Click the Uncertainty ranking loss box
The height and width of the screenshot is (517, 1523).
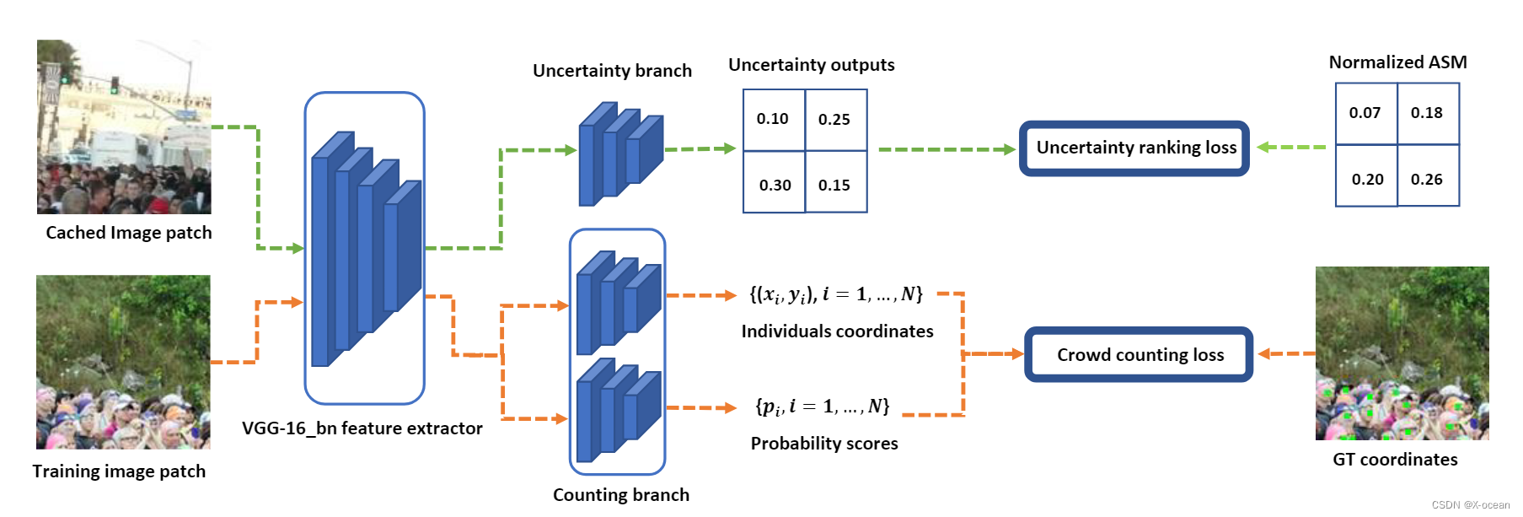coord(1134,148)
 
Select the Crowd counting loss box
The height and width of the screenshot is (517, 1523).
coord(1139,355)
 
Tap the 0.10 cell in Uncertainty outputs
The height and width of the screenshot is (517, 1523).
coord(773,120)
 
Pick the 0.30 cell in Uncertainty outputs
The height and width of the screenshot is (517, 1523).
coord(775,183)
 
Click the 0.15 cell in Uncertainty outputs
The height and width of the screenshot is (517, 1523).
coord(835,183)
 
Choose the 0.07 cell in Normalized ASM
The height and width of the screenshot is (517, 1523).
coord(1365,113)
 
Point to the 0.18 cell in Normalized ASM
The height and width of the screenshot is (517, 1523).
coord(1428,113)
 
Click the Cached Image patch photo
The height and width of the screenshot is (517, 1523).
coord(124,127)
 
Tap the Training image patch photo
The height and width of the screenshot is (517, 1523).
coord(123,362)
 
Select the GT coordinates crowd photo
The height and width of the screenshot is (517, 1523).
coord(1402,353)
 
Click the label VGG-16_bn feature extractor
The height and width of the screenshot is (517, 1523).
coord(362,428)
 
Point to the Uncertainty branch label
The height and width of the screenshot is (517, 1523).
coord(612,71)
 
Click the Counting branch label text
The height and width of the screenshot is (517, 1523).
coord(620,495)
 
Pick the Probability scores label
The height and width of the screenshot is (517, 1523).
coord(824,444)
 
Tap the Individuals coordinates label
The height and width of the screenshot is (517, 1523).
coord(837,331)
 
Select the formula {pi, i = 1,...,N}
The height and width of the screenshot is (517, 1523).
coord(823,407)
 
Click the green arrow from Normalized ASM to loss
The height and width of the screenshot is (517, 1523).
coord(1291,148)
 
